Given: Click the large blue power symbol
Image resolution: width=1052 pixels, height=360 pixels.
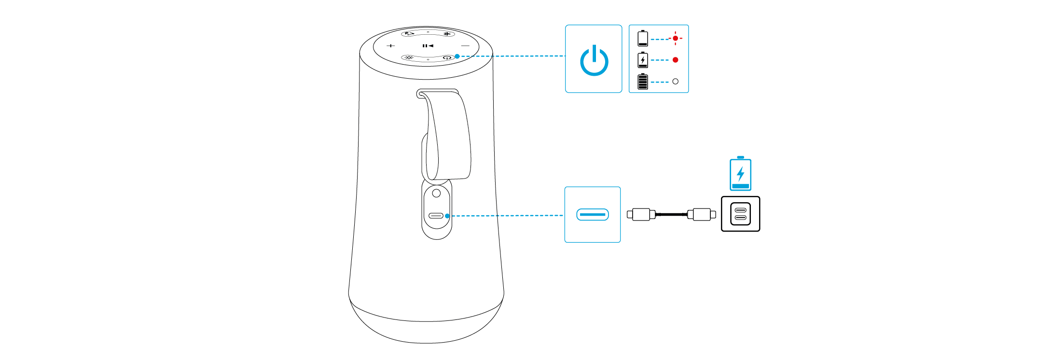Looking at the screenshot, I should [x=594, y=60].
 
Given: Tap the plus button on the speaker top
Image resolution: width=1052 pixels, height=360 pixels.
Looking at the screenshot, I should [x=391, y=46].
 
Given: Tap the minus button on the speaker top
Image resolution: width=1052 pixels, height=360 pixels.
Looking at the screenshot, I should [x=465, y=46].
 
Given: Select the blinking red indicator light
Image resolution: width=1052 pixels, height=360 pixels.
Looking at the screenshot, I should [x=675, y=38].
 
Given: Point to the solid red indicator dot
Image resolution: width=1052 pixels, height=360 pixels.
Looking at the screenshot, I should [x=675, y=60].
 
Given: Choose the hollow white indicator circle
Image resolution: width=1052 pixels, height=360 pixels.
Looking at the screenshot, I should [x=675, y=82].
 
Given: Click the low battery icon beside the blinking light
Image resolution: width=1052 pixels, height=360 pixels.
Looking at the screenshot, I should [x=643, y=38].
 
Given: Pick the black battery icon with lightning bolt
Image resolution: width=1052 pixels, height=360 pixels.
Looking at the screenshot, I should [x=643, y=60].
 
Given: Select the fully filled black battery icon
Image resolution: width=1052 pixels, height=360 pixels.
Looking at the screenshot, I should [x=643, y=82].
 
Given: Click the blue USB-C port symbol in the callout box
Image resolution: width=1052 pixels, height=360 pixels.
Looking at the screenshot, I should [x=593, y=214].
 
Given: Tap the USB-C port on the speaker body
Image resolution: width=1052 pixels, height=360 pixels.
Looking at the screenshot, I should [x=436, y=215].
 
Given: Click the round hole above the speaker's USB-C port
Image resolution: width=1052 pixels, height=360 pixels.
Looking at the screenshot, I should [x=436, y=193].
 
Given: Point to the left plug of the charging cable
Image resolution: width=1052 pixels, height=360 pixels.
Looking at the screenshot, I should [x=641, y=214].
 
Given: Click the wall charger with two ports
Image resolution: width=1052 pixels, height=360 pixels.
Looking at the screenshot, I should [x=740, y=214].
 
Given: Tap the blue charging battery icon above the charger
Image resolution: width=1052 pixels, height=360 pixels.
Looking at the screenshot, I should [x=740, y=174].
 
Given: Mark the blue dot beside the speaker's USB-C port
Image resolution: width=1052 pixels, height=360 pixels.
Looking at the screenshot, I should [x=448, y=216].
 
